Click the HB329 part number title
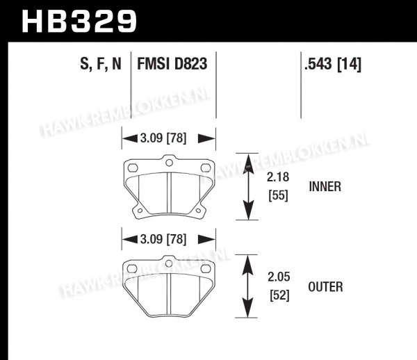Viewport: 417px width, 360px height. (79, 22)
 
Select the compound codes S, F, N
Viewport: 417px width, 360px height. (101, 64)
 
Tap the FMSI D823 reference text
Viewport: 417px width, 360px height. (172, 64)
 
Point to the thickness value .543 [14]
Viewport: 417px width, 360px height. (333, 64)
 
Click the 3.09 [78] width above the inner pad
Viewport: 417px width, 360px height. (163, 138)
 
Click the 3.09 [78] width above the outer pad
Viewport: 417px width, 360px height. (163, 239)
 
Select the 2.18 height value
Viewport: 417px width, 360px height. (278, 177)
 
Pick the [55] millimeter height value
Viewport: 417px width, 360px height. (278, 196)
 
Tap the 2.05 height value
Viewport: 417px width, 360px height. (279, 277)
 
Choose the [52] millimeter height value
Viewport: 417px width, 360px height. (279, 295)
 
